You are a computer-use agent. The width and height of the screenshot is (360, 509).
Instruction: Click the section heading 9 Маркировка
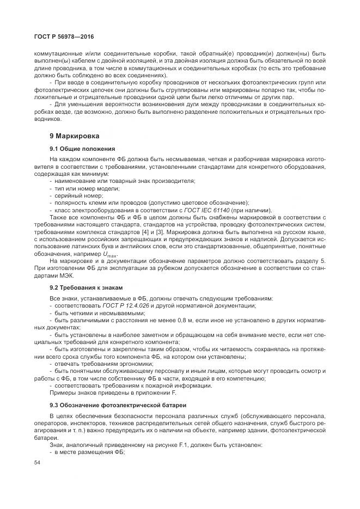pyautogui.click(x=78, y=135)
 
